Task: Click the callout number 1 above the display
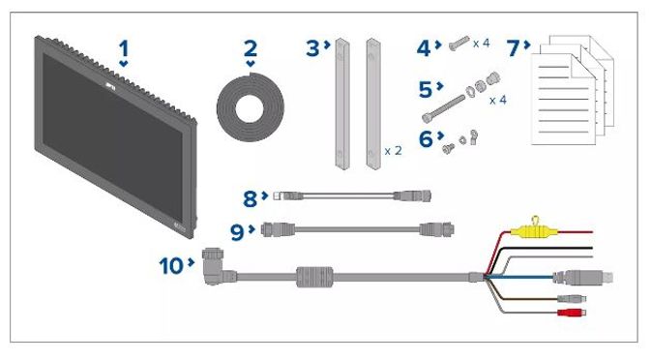tap(124, 49)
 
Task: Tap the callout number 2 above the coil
tap(250, 49)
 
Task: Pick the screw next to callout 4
tap(459, 44)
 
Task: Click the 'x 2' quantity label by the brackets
tap(393, 151)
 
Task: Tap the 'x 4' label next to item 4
tap(481, 43)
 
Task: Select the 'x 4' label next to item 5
tap(498, 100)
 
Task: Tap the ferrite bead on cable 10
tap(314, 277)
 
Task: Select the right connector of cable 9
tap(436, 229)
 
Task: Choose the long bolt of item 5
tap(443, 109)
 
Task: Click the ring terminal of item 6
tap(473, 136)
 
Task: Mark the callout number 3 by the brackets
tap(312, 48)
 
